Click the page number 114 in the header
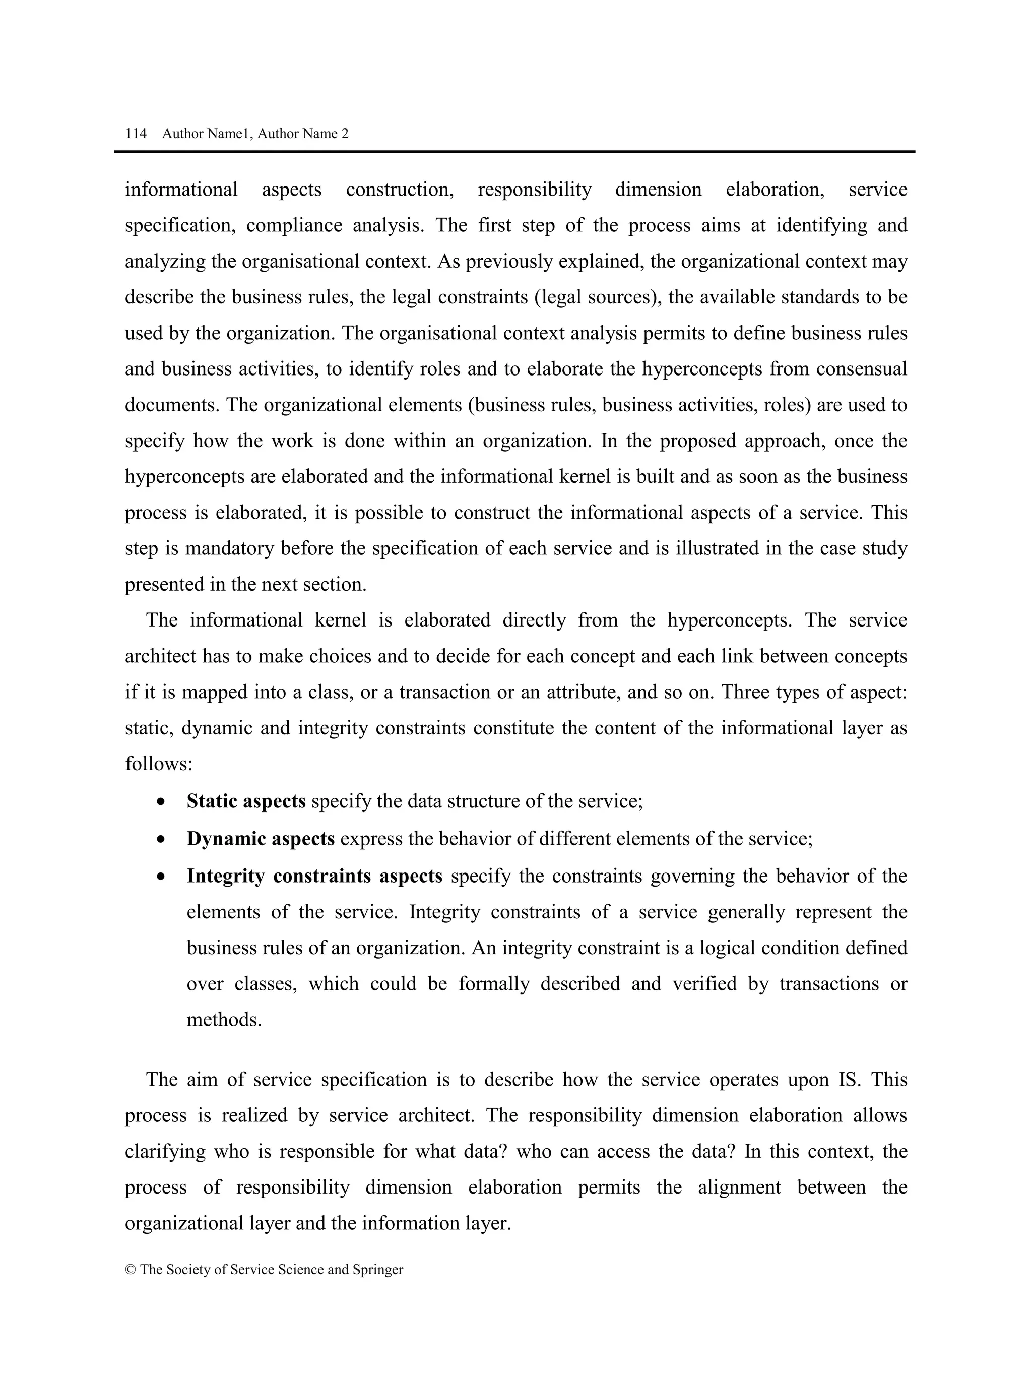click(x=136, y=134)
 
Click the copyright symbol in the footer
click(x=131, y=1270)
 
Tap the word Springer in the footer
click(x=377, y=1270)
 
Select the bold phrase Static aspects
click(x=246, y=801)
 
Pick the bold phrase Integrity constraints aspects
click(x=314, y=876)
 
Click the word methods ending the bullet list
click(x=224, y=1020)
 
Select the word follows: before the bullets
click(x=159, y=764)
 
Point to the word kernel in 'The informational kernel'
click(x=340, y=620)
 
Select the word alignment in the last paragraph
click(x=739, y=1187)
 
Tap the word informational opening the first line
click(x=181, y=190)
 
